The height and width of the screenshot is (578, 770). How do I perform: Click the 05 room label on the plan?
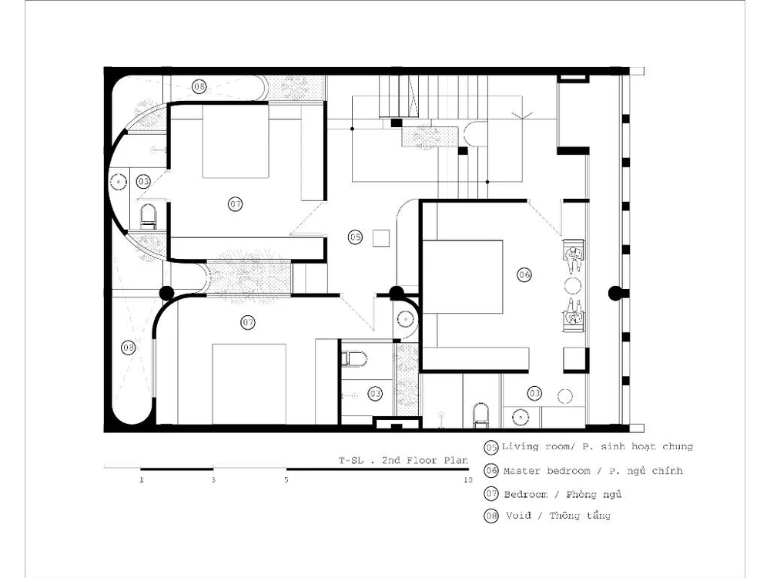[356, 237]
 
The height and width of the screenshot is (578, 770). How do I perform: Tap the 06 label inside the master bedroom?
[524, 275]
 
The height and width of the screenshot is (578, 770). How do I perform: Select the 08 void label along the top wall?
[199, 86]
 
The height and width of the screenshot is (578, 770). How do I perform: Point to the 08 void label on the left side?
[129, 348]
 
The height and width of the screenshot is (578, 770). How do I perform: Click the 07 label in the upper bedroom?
[236, 203]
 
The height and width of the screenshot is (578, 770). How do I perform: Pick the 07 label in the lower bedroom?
[248, 322]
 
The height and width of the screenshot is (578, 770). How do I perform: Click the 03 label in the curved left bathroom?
[143, 181]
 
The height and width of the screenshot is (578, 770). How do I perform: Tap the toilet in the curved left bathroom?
[149, 217]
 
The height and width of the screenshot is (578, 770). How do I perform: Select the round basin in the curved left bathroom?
[118, 182]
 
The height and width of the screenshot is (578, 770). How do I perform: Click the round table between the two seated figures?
[573, 286]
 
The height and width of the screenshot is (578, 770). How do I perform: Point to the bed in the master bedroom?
[463, 277]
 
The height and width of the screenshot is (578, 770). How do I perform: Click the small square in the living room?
[380, 238]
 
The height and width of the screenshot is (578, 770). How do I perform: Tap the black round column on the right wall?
[615, 294]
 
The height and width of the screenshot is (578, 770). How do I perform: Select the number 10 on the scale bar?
[467, 479]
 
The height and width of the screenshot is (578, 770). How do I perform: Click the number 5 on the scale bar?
[286, 479]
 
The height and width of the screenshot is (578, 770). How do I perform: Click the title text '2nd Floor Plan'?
[425, 461]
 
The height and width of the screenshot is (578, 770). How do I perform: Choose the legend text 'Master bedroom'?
[547, 471]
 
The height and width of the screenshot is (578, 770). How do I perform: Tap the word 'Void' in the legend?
[518, 516]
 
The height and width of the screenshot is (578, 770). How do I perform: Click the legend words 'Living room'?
[535, 447]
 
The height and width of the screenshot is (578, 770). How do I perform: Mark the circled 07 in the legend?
[491, 493]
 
